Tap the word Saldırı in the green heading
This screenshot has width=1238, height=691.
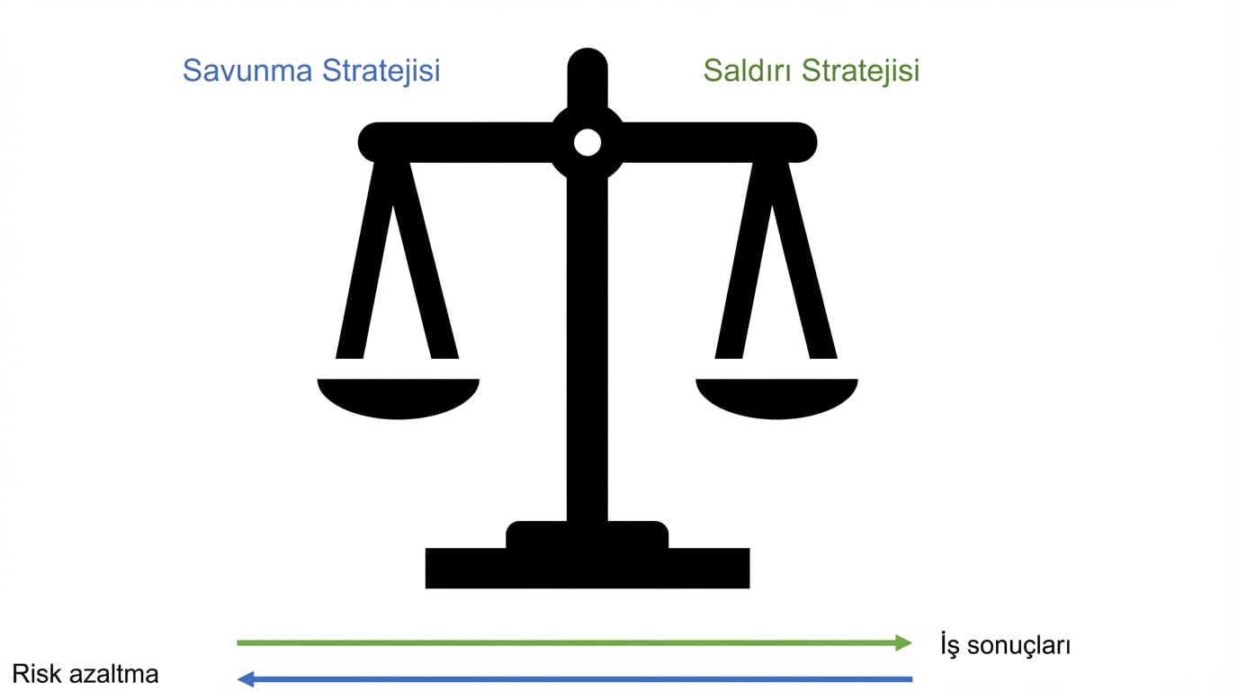(748, 70)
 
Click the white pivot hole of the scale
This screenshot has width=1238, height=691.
(588, 142)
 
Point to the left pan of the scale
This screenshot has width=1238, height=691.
(398, 398)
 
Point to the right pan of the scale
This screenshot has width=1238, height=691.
(776, 398)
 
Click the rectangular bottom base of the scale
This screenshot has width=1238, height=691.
(587, 569)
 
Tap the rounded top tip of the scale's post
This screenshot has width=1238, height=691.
(588, 63)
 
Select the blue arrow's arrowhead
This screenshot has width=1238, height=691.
(245, 678)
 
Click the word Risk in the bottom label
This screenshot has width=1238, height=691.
(34, 673)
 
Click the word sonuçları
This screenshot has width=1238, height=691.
(1020, 645)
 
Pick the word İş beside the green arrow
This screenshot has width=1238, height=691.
(950, 644)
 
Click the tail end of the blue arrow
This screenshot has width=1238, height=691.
(910, 678)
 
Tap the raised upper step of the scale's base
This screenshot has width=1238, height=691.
(587, 534)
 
